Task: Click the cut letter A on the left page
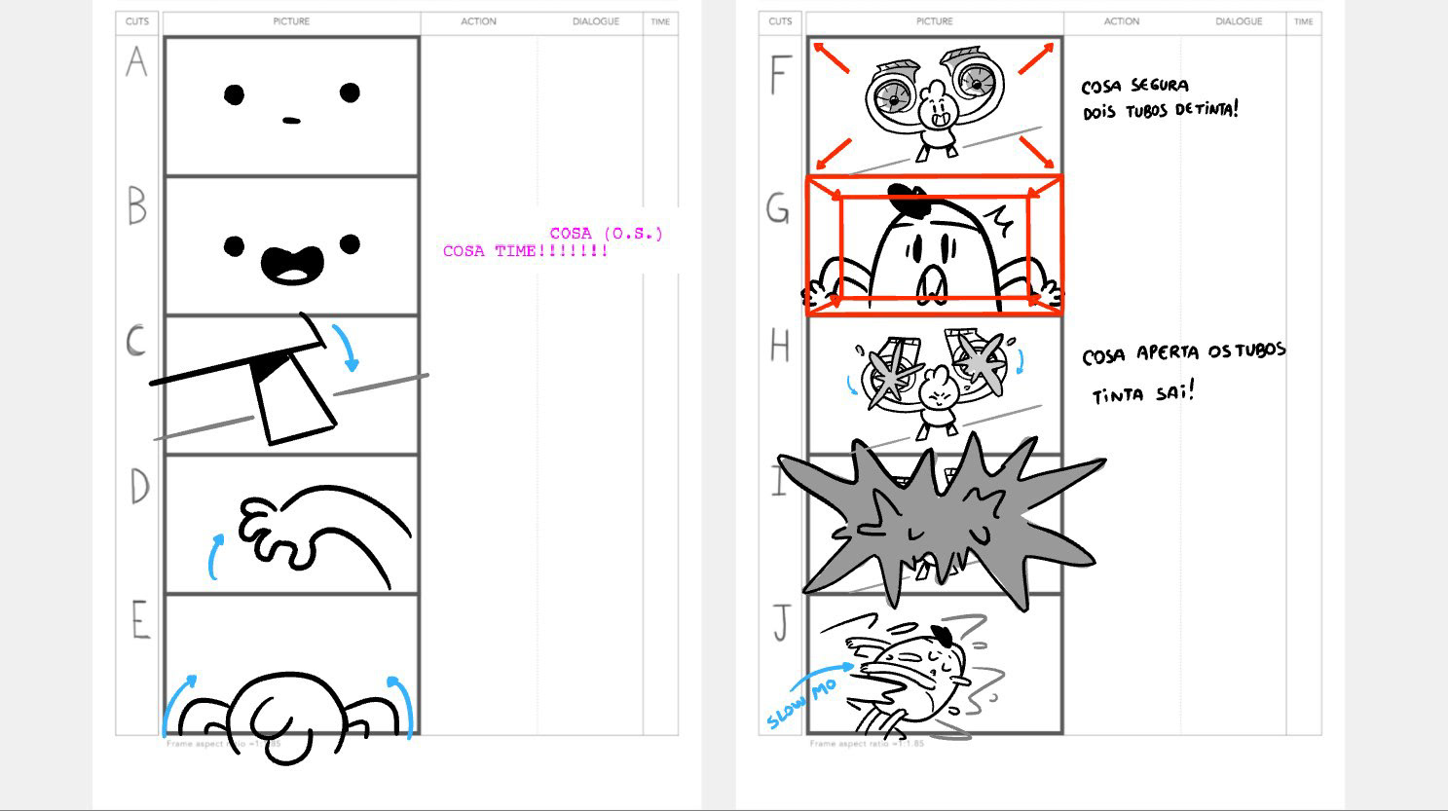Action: coord(136,62)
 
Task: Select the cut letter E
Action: coord(140,620)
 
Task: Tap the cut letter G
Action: coord(778,207)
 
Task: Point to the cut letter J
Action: coord(781,623)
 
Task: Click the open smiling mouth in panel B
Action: coord(292,264)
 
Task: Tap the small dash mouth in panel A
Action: coord(291,121)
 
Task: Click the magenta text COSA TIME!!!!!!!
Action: coord(526,251)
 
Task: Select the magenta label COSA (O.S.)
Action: coord(606,234)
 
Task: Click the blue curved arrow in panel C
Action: coord(346,348)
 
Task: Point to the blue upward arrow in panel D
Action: coord(216,555)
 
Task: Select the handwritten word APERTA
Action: coord(1169,352)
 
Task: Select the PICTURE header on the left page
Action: coord(291,21)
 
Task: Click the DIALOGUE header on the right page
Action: coord(1239,21)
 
